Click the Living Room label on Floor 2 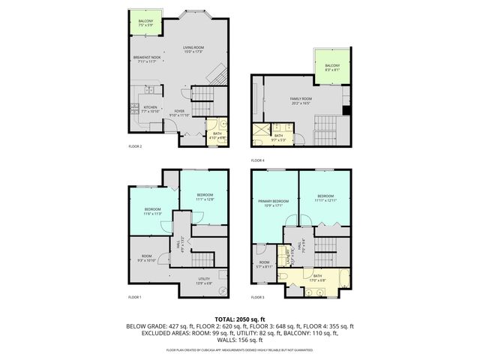(x=193, y=49)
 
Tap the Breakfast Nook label (x=145, y=58)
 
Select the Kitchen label (x=150, y=109)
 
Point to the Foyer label (x=178, y=112)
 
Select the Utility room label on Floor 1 (x=203, y=280)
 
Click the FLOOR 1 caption (x=135, y=297)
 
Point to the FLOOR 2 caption (x=135, y=146)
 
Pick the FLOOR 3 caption (x=257, y=297)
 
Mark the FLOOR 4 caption (x=257, y=160)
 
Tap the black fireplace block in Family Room (x=346, y=112)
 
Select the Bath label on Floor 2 (x=217, y=135)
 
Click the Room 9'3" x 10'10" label (x=147, y=258)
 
